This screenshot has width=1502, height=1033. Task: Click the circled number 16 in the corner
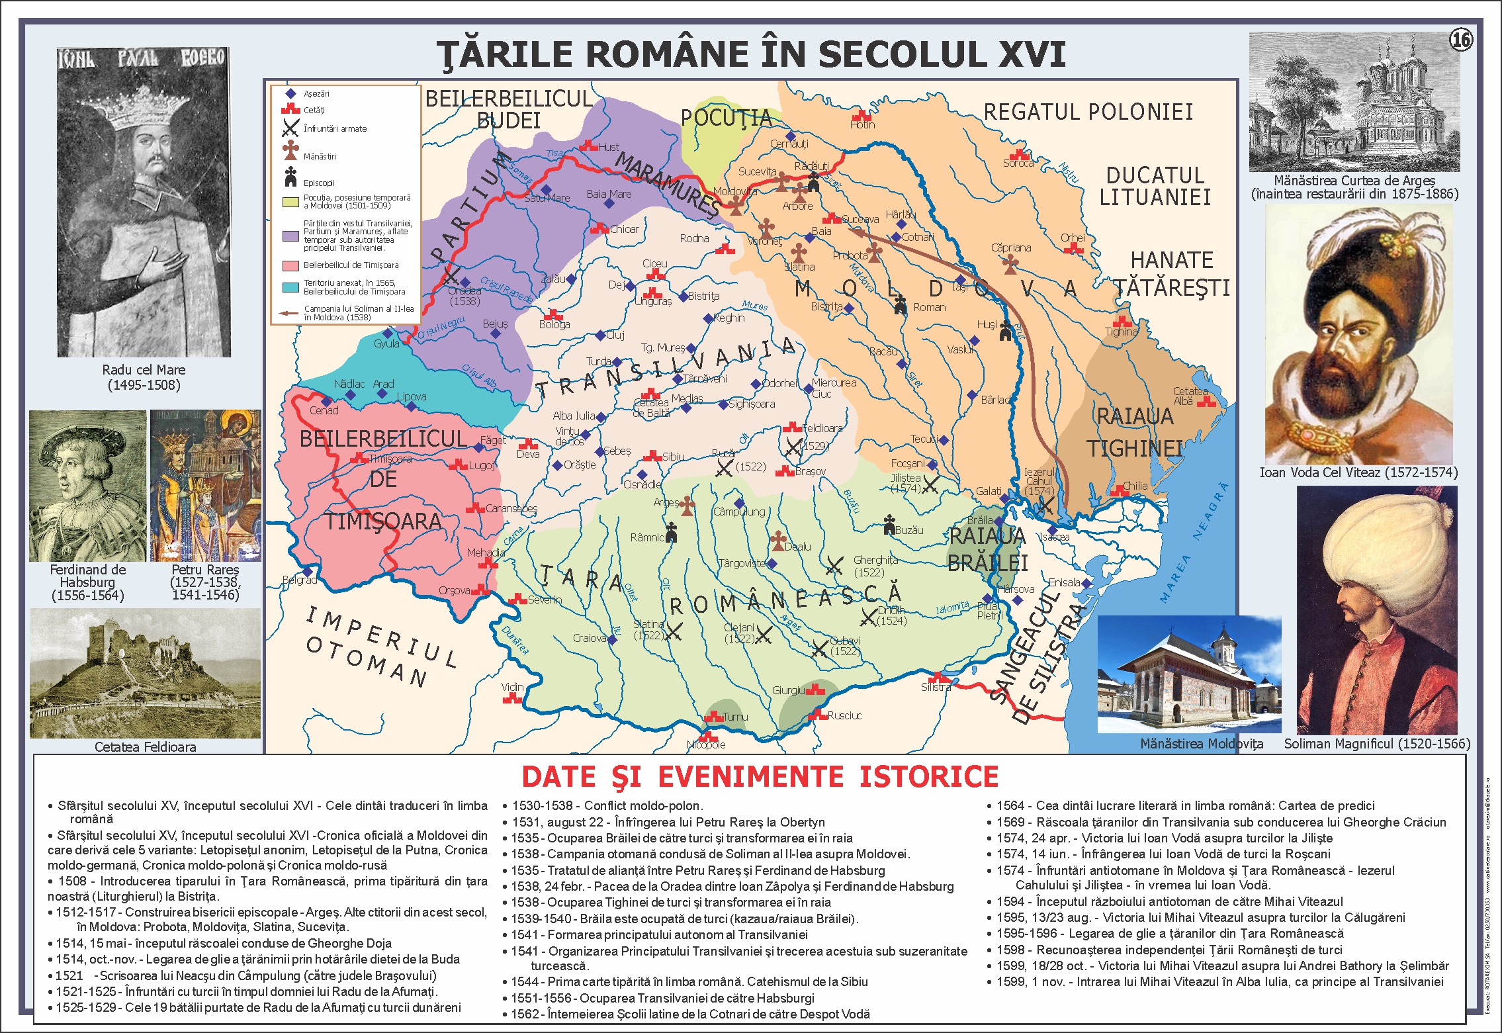click(x=1461, y=40)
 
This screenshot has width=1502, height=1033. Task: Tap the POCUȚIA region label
click(x=726, y=118)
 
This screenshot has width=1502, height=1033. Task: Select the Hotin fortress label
click(x=862, y=124)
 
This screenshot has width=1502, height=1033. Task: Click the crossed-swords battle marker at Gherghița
click(x=834, y=565)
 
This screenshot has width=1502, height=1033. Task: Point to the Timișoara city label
click(x=390, y=459)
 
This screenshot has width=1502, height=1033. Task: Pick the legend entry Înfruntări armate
click(x=335, y=129)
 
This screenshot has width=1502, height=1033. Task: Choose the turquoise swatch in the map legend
click(x=290, y=287)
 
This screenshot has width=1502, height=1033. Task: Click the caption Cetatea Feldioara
click(x=146, y=746)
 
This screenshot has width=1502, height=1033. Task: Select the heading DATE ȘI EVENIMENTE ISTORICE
click(x=760, y=777)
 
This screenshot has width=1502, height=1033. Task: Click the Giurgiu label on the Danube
click(x=788, y=690)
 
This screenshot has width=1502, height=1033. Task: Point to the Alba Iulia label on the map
click(x=574, y=416)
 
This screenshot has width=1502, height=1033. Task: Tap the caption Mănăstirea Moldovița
click(x=1201, y=744)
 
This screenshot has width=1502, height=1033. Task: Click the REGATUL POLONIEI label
click(x=1088, y=112)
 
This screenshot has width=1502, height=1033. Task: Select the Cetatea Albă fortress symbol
click(x=1206, y=401)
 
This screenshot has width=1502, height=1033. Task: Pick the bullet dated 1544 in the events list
click(x=688, y=981)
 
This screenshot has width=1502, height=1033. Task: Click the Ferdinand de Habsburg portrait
click(x=87, y=486)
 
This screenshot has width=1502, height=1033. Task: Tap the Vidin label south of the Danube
click(x=511, y=687)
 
